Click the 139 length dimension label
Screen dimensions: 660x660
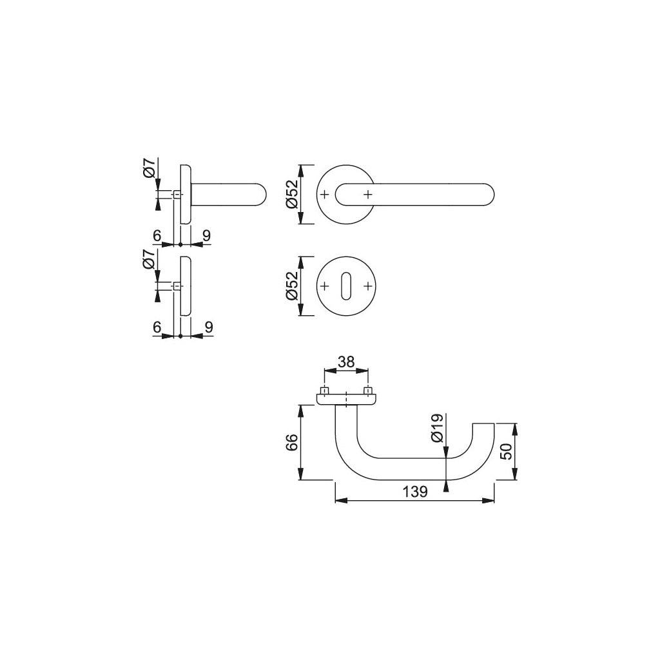(x=415, y=491)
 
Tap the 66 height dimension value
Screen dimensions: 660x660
(x=292, y=442)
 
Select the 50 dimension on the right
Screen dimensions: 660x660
(x=507, y=451)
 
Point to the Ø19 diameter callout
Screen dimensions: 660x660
(x=437, y=428)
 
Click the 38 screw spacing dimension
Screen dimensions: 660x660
(x=346, y=362)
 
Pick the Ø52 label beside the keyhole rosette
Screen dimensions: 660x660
(x=291, y=286)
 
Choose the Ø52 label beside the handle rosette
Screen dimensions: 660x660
(x=291, y=194)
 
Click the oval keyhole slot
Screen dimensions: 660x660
(x=346, y=286)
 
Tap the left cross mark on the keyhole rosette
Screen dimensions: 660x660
(x=324, y=286)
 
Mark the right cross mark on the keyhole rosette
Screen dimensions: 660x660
(x=368, y=286)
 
